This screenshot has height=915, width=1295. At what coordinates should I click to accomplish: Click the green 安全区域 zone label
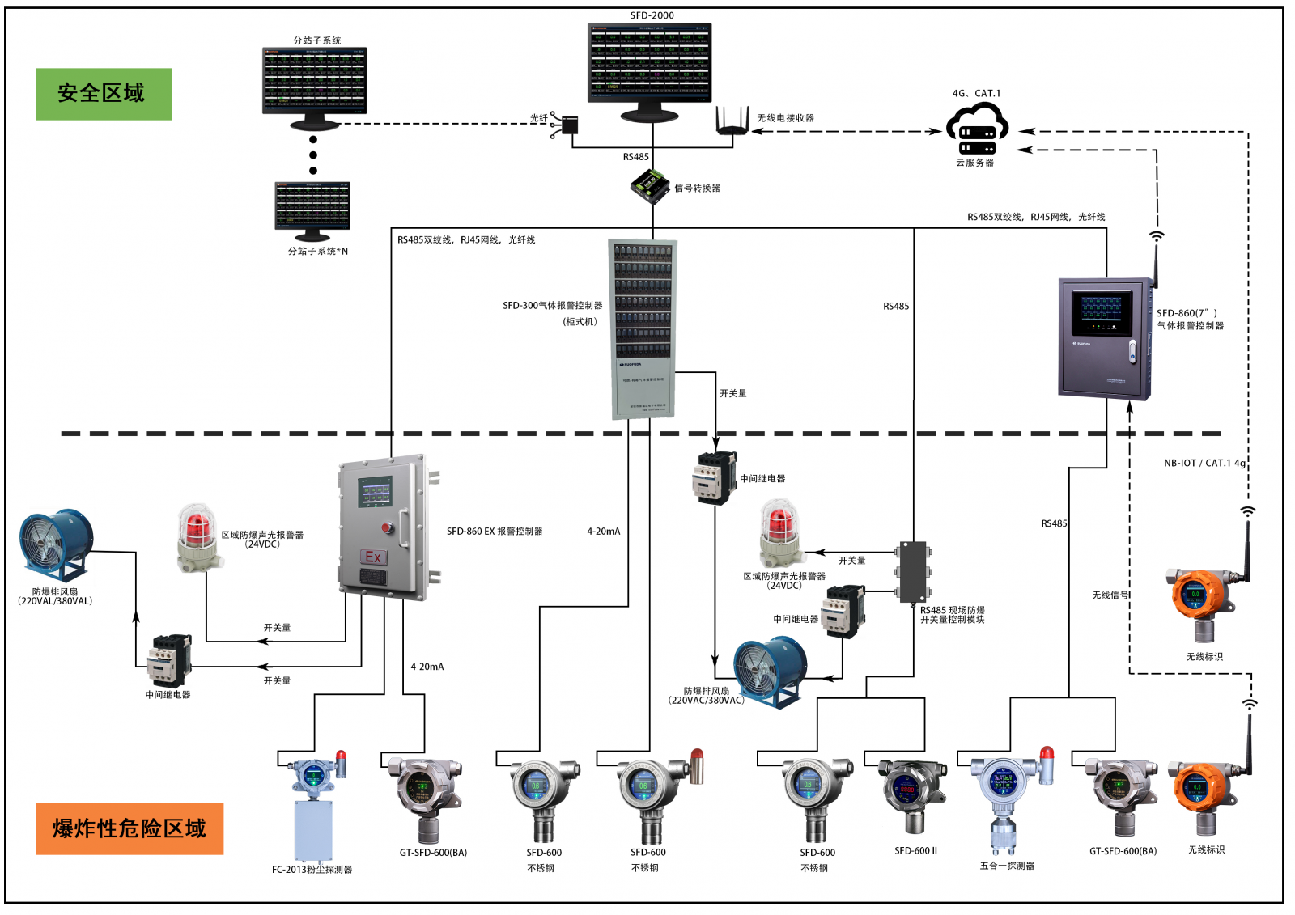coord(103,94)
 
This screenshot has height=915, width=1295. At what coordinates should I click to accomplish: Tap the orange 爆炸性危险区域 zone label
coord(129,828)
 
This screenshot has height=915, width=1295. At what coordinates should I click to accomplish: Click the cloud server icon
coord(977,130)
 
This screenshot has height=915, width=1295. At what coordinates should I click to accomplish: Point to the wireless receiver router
coord(732,123)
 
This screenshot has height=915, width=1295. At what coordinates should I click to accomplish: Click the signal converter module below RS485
coord(650,186)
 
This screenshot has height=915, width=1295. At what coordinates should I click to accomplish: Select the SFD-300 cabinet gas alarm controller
coord(643,328)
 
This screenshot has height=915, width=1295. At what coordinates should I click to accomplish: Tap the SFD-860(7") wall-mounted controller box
coord(1105,338)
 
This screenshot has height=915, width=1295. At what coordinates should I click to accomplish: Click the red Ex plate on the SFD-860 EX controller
coord(373,557)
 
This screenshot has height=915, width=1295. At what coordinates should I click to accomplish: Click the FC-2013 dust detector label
coord(312,870)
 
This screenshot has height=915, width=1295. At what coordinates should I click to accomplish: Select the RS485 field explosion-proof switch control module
coord(913,571)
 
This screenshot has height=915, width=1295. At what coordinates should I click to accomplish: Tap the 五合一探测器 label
coord(1007,866)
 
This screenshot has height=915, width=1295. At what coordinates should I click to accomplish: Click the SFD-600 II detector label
coord(915,851)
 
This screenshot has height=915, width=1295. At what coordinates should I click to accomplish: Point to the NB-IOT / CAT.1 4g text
coord(1204,464)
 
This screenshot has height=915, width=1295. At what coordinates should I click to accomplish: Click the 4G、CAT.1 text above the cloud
coord(976,94)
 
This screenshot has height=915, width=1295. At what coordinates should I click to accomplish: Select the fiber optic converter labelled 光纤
coord(569,125)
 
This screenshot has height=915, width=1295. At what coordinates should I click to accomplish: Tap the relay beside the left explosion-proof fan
coord(169,660)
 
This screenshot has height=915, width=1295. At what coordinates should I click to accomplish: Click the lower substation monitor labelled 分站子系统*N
coord(312,208)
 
